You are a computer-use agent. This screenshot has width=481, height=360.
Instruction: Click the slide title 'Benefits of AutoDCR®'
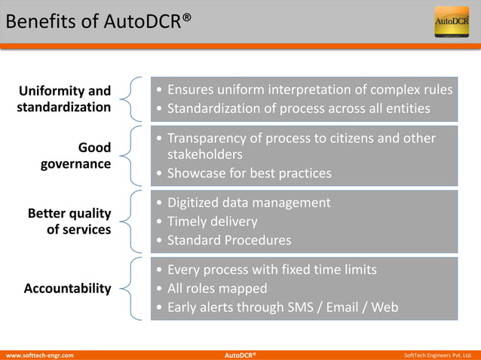coord(94,22)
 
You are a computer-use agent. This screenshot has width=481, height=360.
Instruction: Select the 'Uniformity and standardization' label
coord(64,99)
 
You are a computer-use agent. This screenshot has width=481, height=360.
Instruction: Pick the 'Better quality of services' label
coord(69,221)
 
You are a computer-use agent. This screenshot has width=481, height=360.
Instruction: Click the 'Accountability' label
coord(67,288)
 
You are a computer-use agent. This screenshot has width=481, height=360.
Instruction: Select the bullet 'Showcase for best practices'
coord(249,173)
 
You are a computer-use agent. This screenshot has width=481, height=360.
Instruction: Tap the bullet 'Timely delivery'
coord(212,221)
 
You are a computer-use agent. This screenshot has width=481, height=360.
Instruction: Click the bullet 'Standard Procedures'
coord(228,241)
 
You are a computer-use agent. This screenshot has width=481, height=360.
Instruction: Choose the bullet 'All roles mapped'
coord(217,288)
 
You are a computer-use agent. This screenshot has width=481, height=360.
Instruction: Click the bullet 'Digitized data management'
coord(248,203)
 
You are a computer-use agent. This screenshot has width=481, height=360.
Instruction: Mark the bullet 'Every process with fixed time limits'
coord(271,269)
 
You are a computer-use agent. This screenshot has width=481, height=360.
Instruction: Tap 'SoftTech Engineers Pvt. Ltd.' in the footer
coord(438,354)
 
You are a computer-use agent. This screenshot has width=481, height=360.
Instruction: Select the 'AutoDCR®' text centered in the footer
coord(240,354)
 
